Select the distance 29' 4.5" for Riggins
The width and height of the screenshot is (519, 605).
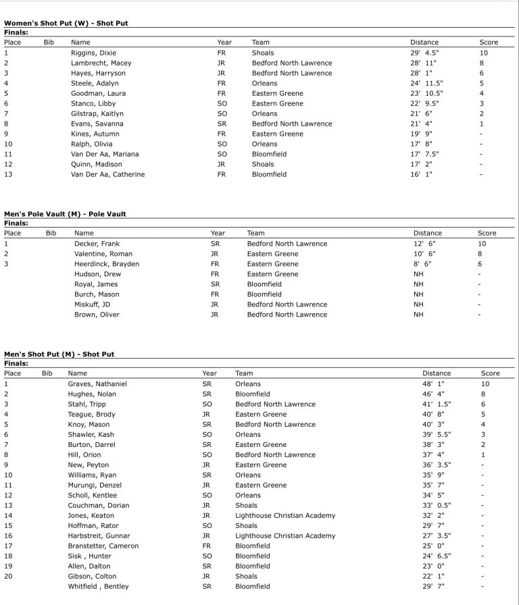(x=424, y=53)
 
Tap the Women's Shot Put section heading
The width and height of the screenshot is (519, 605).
(x=66, y=23)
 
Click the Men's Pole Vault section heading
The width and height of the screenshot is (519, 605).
(x=65, y=214)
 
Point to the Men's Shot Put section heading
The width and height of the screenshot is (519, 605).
(x=59, y=354)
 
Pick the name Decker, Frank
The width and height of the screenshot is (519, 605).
(x=97, y=244)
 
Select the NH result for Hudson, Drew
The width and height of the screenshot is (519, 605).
(x=418, y=274)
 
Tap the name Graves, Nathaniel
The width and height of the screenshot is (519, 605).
(x=97, y=384)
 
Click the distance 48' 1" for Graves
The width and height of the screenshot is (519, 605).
(x=433, y=384)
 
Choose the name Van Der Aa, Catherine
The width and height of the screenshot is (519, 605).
(x=107, y=174)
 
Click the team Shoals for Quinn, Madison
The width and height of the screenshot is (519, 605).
(x=263, y=164)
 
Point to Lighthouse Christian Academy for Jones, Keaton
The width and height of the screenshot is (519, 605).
(x=285, y=515)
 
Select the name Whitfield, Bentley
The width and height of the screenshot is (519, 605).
(x=98, y=586)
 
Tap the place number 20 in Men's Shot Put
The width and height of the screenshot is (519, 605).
(x=8, y=576)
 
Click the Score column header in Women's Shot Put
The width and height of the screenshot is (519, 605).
(x=489, y=42)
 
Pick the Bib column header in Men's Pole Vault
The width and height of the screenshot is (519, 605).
(x=51, y=233)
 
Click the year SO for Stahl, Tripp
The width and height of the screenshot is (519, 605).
(x=207, y=404)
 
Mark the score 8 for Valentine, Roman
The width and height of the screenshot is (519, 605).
(x=480, y=254)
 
